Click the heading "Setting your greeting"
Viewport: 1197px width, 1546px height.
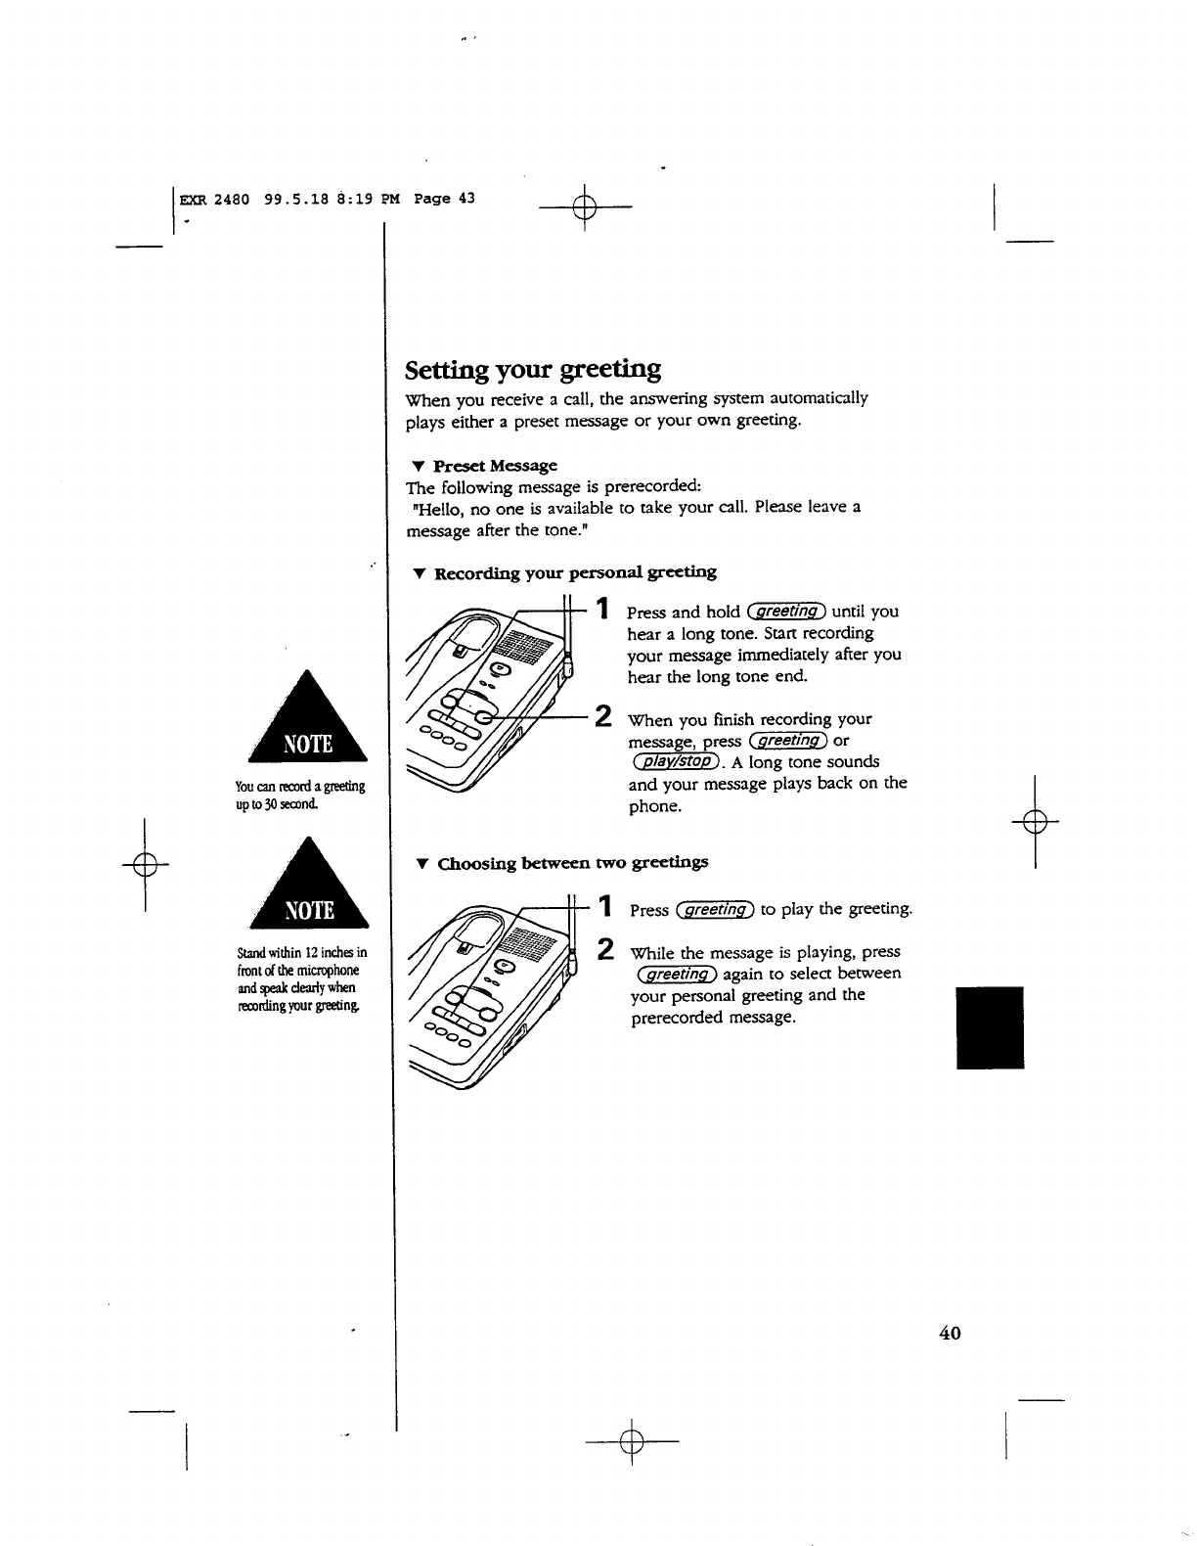point(533,370)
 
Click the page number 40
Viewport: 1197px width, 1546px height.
point(950,1333)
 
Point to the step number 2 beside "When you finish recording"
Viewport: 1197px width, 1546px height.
point(604,716)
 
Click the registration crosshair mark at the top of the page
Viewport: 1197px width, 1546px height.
point(584,208)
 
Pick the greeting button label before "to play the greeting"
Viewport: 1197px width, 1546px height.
point(714,910)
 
